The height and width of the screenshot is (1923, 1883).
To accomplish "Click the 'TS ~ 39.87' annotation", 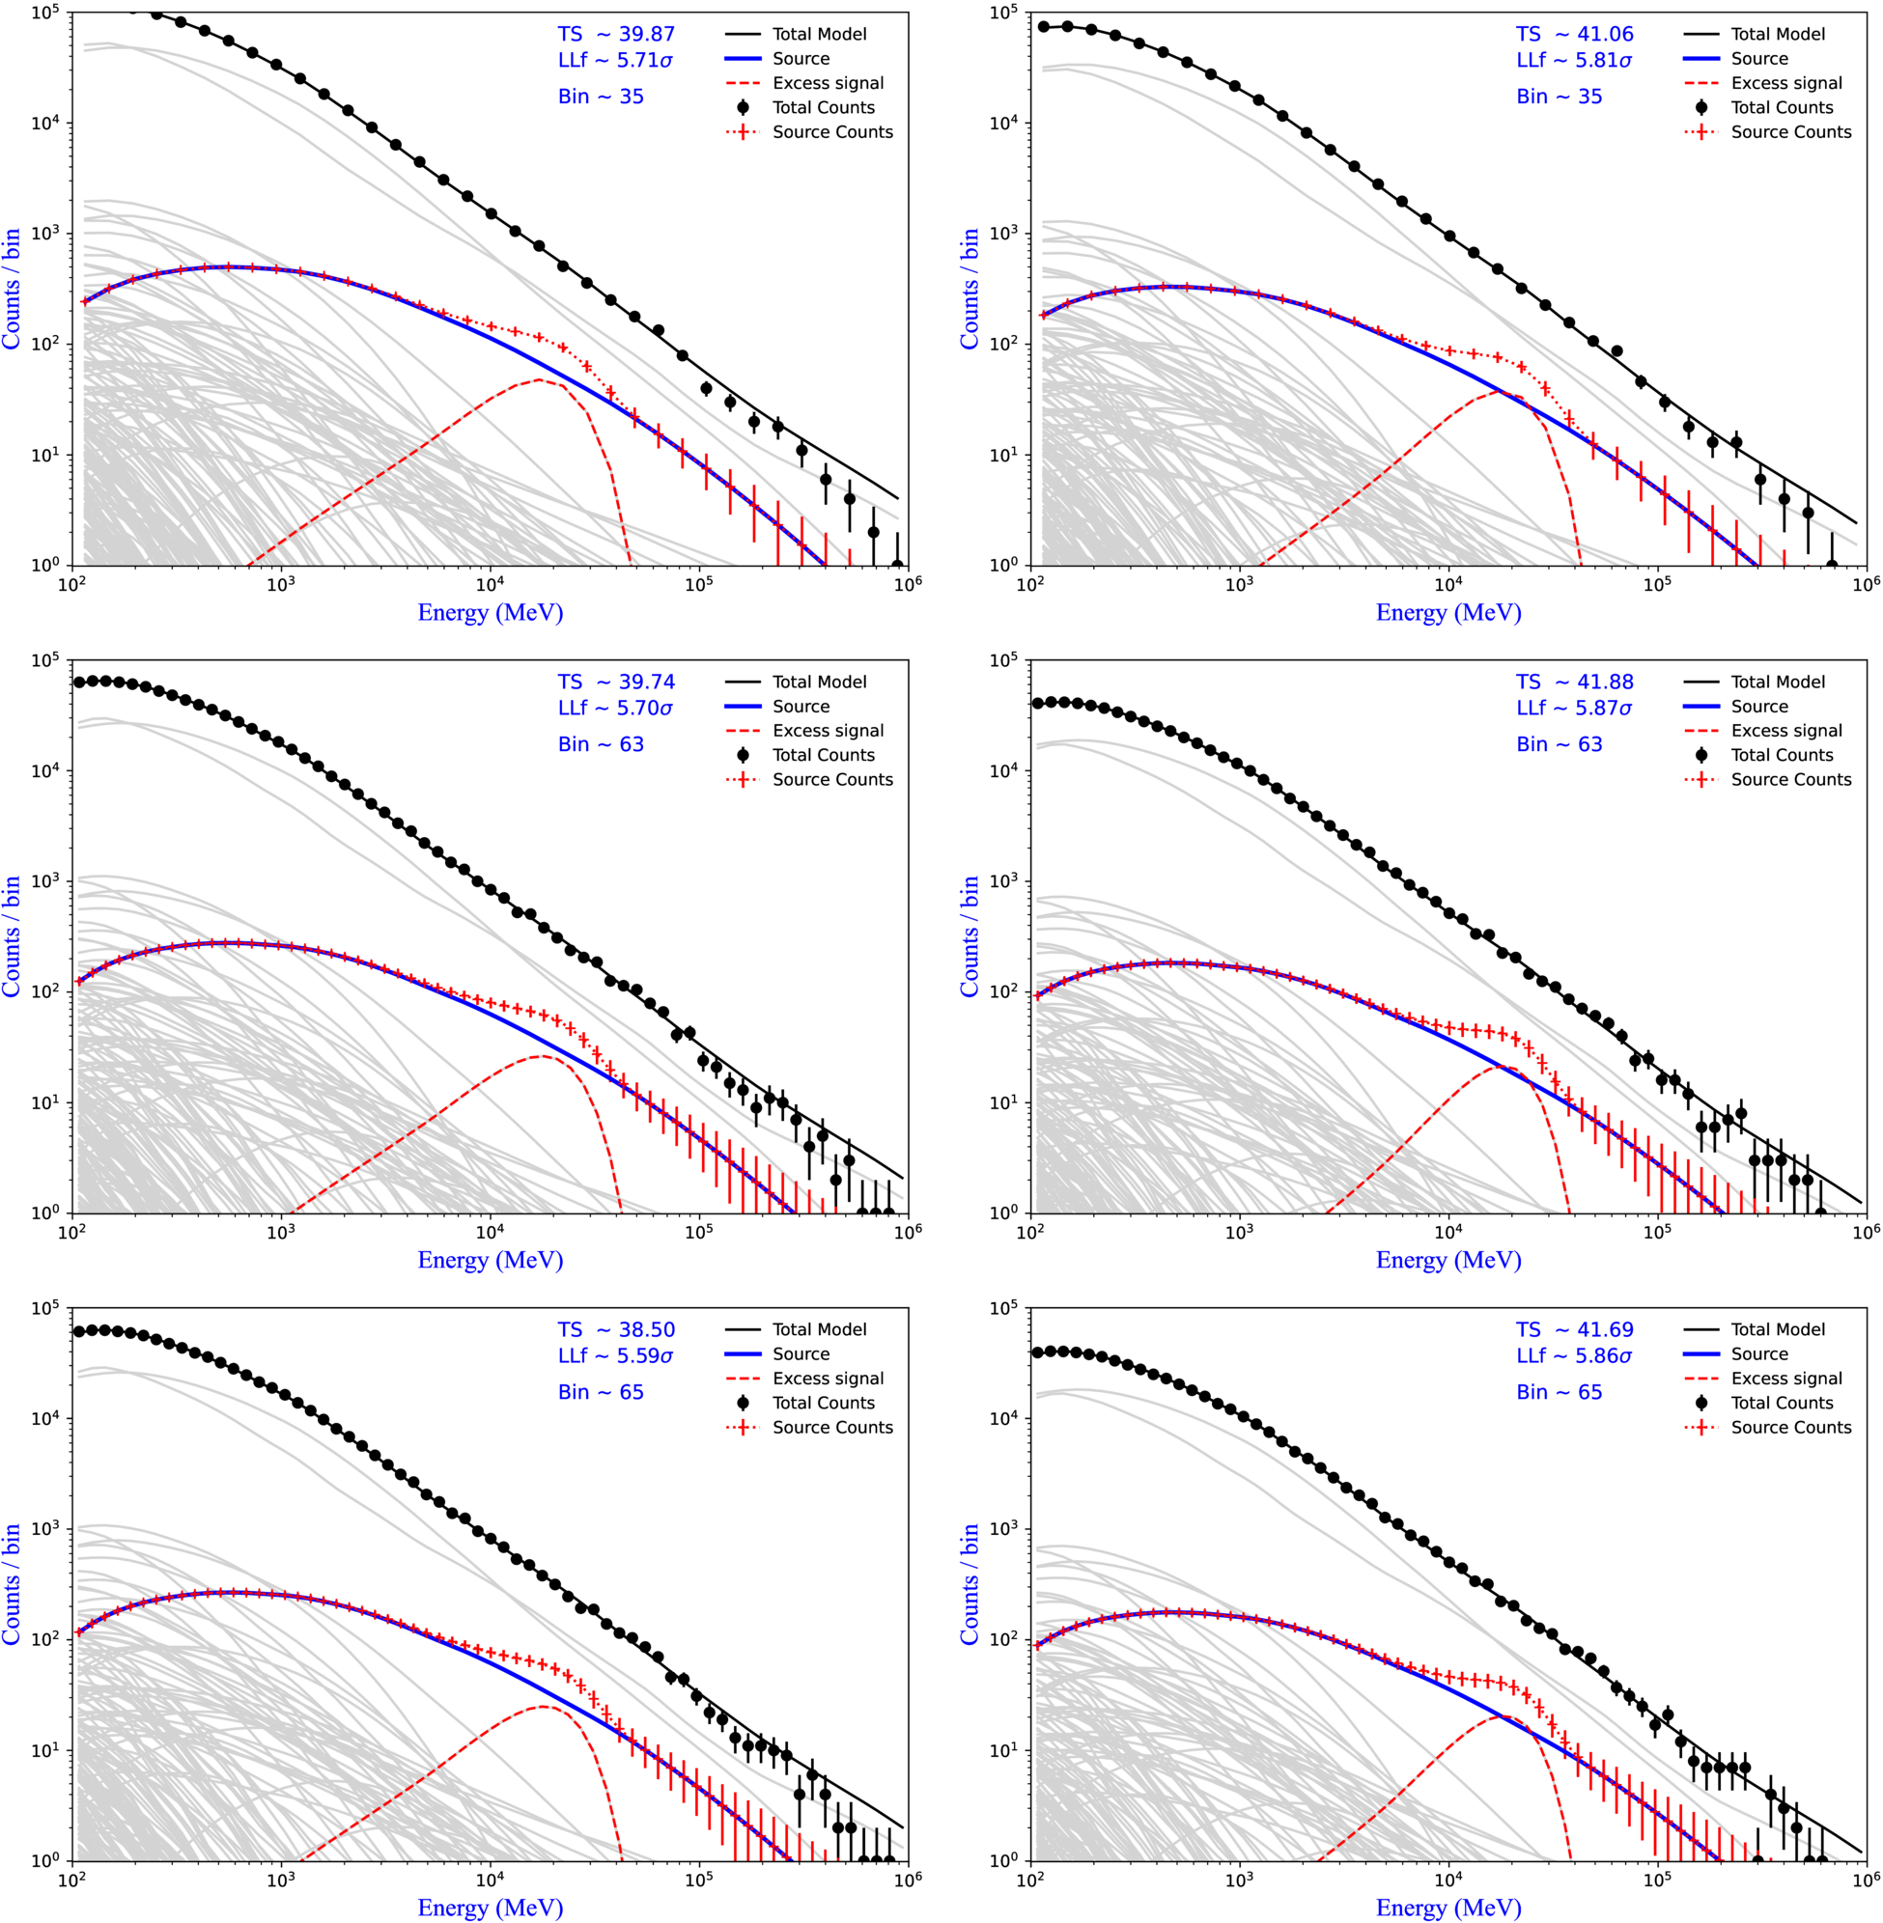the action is point(616,35).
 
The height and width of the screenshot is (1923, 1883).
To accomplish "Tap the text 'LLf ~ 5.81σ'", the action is point(1574,60).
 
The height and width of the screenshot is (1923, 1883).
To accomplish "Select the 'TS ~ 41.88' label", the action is point(1574,683).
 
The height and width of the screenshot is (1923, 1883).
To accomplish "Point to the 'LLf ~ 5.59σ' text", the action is point(615,1355).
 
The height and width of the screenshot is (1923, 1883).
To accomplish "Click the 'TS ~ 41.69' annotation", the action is point(1574,1330).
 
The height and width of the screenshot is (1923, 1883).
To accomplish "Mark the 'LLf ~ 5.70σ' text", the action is point(615,708).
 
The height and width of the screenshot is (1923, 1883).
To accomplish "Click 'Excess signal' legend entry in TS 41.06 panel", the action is point(1786,83).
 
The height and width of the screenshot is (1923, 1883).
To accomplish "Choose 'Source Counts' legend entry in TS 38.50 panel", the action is point(832,1427).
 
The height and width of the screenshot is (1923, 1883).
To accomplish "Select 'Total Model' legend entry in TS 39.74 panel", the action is point(819,682).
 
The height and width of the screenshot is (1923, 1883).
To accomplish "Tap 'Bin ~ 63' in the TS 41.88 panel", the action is point(1560,744).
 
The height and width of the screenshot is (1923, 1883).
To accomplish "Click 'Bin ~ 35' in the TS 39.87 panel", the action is point(602,97).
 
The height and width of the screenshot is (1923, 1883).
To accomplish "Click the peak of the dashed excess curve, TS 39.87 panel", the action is point(539,378).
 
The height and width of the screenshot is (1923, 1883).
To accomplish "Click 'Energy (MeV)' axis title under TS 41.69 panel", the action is point(1448,1907).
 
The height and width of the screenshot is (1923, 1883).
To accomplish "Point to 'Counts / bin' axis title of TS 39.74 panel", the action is point(12,936).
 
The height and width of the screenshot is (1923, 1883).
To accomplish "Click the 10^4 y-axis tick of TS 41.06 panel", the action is point(1005,123).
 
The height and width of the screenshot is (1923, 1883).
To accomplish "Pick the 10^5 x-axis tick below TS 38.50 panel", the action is point(698,1879).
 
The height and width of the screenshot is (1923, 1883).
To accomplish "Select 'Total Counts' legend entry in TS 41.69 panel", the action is point(1783,1402).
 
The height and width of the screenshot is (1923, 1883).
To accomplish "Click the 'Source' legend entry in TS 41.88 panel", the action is point(1759,706).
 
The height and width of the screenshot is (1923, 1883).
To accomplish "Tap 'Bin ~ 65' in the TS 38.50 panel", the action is point(602,1392).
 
